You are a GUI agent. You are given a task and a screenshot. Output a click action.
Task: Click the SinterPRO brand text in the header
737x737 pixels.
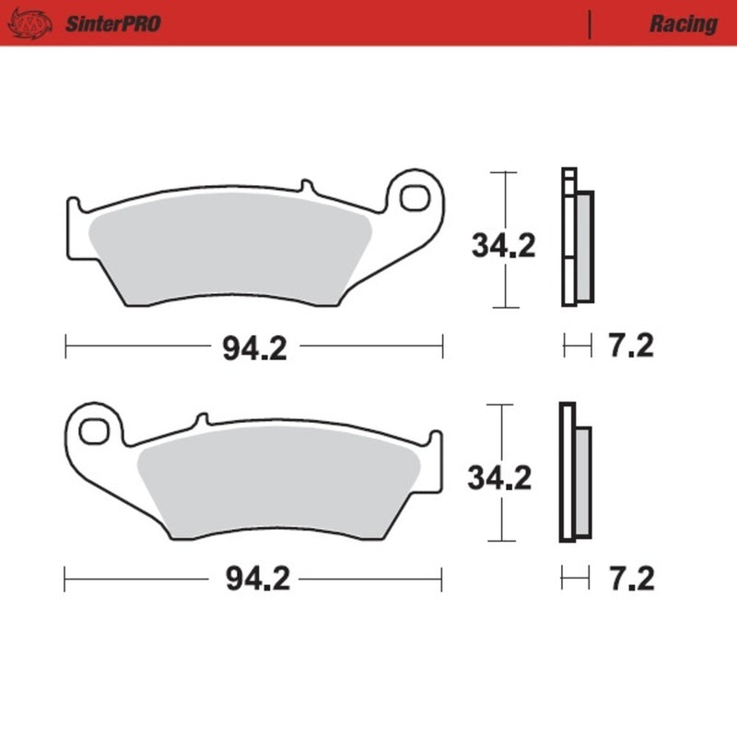point(112,23)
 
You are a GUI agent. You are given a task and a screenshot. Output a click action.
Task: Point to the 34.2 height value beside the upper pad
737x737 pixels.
point(503,247)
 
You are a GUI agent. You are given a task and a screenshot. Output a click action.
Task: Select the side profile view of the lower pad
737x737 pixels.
point(575,474)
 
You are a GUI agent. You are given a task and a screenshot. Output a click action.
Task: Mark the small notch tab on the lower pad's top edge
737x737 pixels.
point(198,420)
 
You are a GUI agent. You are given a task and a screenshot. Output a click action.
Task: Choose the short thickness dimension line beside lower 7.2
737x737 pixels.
point(575,579)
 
